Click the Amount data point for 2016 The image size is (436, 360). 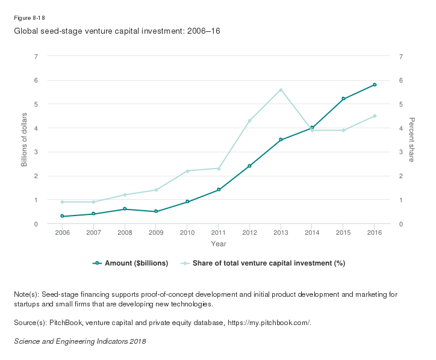[375, 85]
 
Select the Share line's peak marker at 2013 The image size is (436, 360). [281, 90]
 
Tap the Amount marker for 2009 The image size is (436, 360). [156, 211]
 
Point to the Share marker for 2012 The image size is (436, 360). [249, 121]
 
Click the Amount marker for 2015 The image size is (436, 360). [343, 99]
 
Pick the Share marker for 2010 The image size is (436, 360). [187, 171]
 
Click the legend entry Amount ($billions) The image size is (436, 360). [131, 263]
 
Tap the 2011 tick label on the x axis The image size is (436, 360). [219, 232]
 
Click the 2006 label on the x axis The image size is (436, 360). [62, 232]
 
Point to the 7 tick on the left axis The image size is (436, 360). [36, 56]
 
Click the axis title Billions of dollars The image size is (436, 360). [24, 140]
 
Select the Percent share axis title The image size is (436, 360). [412, 140]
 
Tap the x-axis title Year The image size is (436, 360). [219, 244]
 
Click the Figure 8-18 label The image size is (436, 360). [29, 17]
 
